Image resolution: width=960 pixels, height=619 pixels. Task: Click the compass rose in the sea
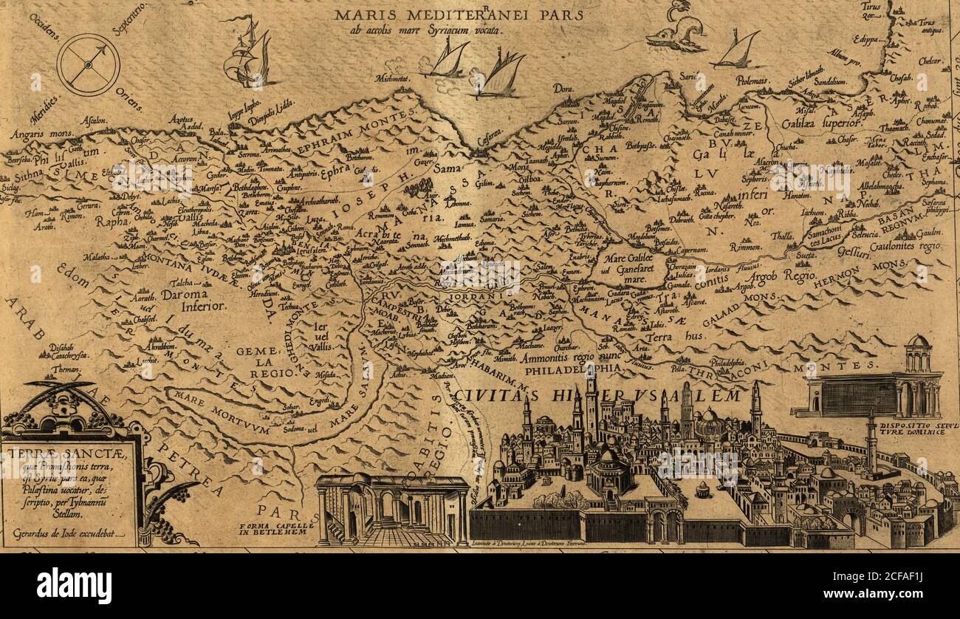[x=88, y=64]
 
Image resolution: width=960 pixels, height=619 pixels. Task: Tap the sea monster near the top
[x=676, y=33]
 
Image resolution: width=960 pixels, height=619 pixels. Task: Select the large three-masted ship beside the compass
[x=247, y=55]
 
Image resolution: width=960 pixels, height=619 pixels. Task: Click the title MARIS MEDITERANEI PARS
[x=458, y=14]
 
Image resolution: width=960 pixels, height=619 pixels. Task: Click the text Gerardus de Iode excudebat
[x=69, y=531]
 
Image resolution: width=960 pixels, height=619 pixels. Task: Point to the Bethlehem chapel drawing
[x=391, y=510]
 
